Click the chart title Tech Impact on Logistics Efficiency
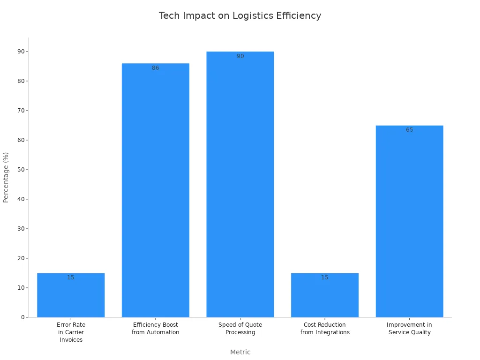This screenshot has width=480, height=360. (x=240, y=15)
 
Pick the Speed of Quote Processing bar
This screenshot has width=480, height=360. (x=240, y=187)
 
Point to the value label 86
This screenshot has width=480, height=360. (x=155, y=68)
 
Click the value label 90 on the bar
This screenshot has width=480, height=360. (x=240, y=56)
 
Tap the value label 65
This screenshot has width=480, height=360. (x=409, y=130)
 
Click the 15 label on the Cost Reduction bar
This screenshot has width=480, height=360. (x=325, y=277)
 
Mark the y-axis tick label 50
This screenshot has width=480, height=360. (x=21, y=170)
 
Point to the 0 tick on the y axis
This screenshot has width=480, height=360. (x=22, y=317)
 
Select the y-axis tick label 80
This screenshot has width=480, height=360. (x=21, y=81)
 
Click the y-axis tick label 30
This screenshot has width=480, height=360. (x=21, y=229)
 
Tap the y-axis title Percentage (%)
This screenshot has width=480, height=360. (x=6, y=177)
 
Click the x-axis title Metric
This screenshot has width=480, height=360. (x=240, y=352)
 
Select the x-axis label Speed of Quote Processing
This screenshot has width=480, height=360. (x=240, y=329)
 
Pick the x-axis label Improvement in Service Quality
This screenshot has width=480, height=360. (x=409, y=329)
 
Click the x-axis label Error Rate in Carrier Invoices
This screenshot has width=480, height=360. (x=71, y=332)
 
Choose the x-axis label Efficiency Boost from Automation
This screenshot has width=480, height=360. (x=155, y=329)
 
